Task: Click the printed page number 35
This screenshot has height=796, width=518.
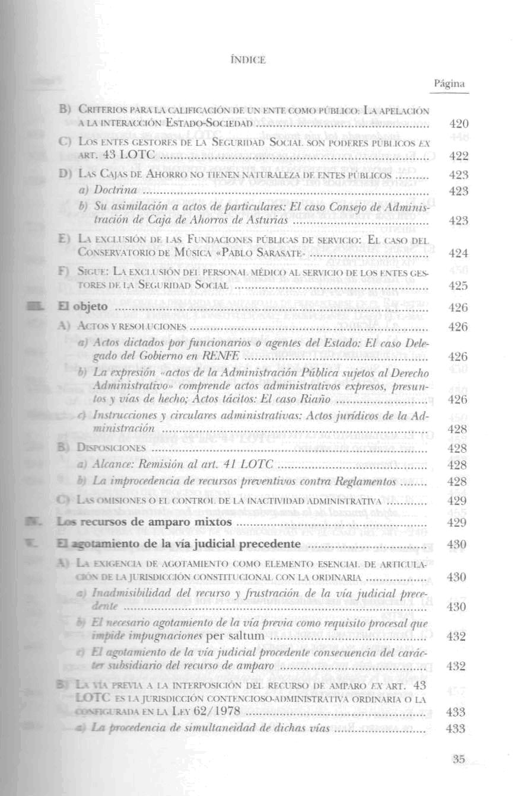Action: coord(458,759)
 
